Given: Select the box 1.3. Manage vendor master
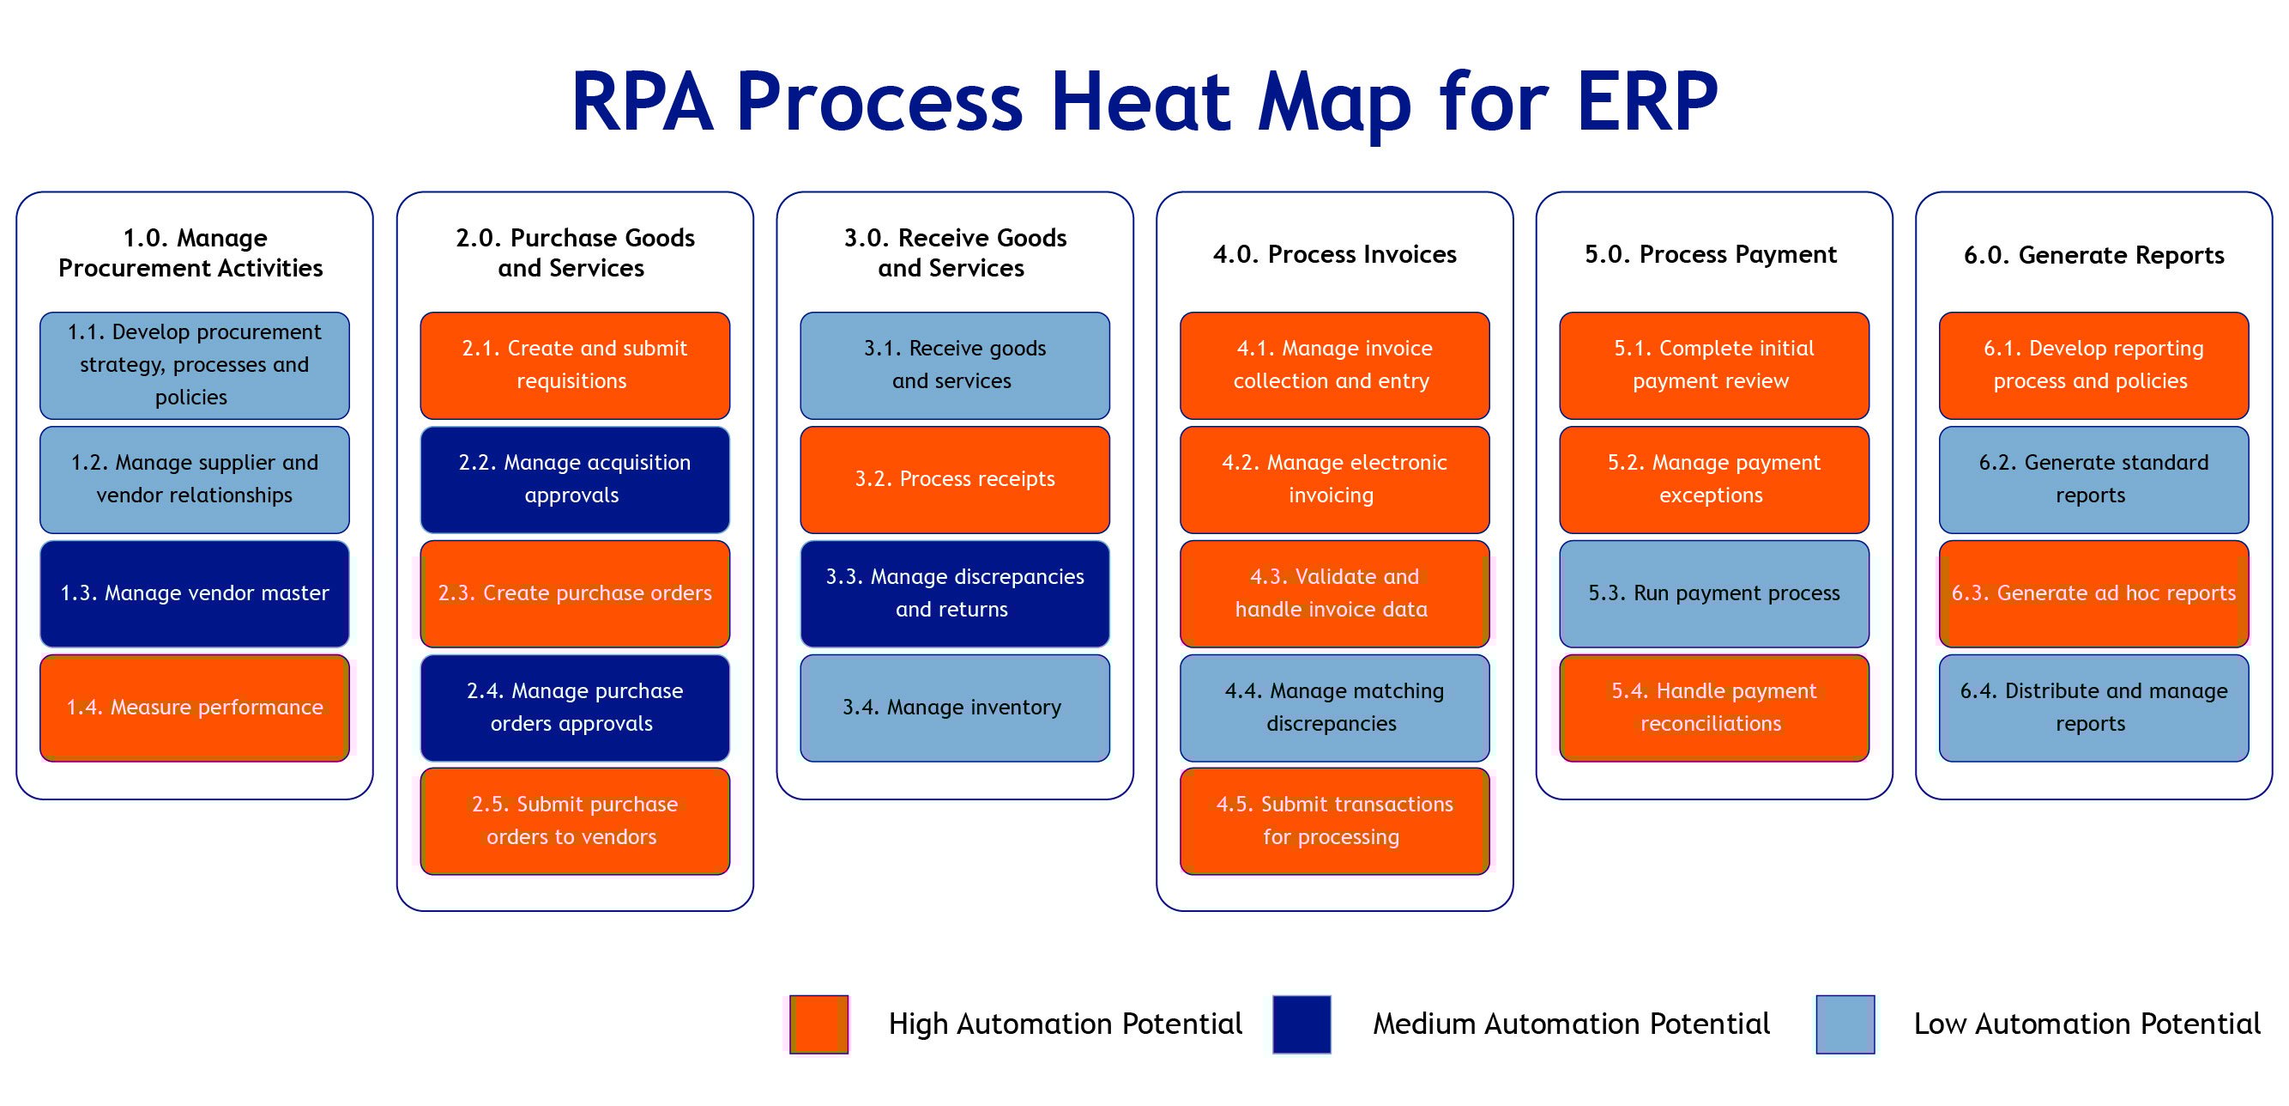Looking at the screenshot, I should pyautogui.click(x=195, y=594).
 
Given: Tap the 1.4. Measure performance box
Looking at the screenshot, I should pyautogui.click(x=195, y=708).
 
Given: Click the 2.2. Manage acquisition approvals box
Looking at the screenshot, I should pyautogui.click(x=575, y=480).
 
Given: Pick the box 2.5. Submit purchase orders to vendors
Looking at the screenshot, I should pyautogui.click(x=575, y=821).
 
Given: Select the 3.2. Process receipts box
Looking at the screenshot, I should pyautogui.click(x=954, y=480).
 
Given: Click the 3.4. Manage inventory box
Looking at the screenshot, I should pyautogui.click(x=954, y=708).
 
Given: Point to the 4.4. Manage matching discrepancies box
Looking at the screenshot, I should pyautogui.click(x=1334, y=708).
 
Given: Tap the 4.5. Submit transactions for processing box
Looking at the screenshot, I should pyautogui.click(x=1334, y=821).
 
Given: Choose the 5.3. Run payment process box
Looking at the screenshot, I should pyautogui.click(x=1713, y=594).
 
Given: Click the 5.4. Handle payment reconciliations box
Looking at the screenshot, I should pyautogui.click(x=1713, y=708).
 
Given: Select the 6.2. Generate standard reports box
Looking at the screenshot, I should pyautogui.click(x=2093, y=480).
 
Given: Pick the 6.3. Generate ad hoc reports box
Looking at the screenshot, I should pyautogui.click(x=2093, y=594).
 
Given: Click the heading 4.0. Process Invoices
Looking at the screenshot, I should pyautogui.click(x=1334, y=255).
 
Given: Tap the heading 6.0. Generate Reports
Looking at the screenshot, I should pyautogui.click(x=2093, y=256).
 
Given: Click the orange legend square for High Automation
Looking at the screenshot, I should pyautogui.click(x=818, y=1024).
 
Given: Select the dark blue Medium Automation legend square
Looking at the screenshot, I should pyautogui.click(x=1301, y=1024).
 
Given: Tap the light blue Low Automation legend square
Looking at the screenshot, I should pyautogui.click(x=1845, y=1024).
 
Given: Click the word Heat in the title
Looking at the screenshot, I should pyautogui.click(x=1141, y=102).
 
